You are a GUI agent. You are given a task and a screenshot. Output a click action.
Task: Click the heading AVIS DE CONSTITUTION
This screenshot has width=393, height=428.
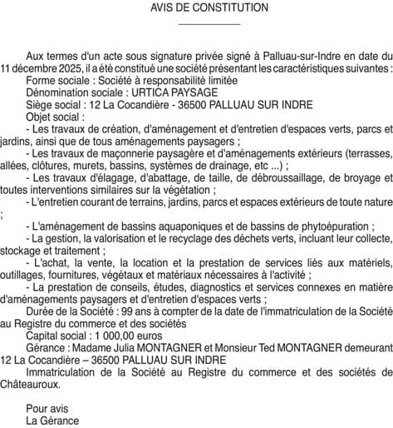pos(197,7)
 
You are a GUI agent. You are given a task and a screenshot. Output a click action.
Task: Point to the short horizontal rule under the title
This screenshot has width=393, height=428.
pos(197,24)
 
